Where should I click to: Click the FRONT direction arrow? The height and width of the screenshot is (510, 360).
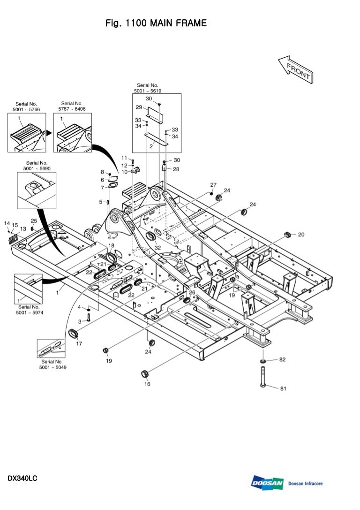(x=295, y=69)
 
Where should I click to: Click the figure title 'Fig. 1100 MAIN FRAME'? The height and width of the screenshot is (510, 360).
(x=156, y=23)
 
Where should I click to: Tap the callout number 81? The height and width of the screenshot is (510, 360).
(x=283, y=388)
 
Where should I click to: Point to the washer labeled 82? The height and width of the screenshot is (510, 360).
(x=262, y=360)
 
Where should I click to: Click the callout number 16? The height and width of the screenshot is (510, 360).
(x=147, y=384)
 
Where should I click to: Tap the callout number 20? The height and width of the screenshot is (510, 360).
(x=301, y=234)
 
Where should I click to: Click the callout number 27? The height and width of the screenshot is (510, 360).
(x=213, y=185)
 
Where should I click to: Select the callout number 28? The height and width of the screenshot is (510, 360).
(x=176, y=169)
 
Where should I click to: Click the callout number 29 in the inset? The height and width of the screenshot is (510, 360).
(x=139, y=107)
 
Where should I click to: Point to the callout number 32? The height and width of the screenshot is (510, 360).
(x=157, y=247)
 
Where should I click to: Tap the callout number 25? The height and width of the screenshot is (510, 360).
(x=34, y=221)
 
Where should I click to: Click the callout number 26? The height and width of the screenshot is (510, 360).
(x=192, y=292)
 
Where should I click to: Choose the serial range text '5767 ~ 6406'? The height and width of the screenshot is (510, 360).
(x=72, y=109)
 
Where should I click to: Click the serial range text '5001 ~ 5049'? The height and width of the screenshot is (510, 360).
(x=52, y=367)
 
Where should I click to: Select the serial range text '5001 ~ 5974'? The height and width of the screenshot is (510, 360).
(x=30, y=312)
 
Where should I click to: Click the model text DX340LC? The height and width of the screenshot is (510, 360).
(x=22, y=479)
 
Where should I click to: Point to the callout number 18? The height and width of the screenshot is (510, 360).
(x=111, y=245)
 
